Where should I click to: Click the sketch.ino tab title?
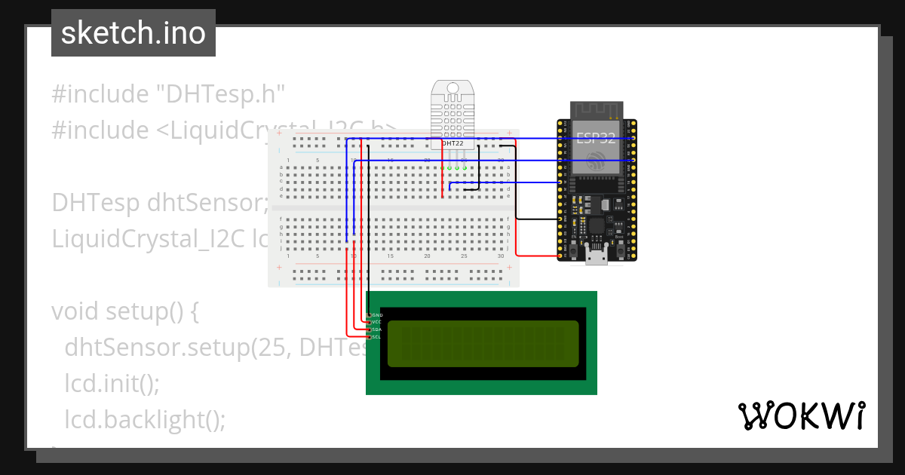coord(133,33)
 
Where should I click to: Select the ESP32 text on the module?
coord(596,138)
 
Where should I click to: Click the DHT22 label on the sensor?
coord(452,142)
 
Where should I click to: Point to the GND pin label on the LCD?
coord(378,314)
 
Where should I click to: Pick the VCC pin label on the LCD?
coord(377,322)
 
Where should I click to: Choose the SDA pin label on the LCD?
coord(377,329)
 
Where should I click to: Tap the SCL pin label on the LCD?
coord(377,337)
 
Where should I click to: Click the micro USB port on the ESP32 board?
coord(597,256)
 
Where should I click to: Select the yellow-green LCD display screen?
coord(483,344)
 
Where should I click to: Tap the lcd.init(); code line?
coord(112,383)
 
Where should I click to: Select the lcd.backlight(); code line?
coord(145,418)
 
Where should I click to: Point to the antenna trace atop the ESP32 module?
coord(596,110)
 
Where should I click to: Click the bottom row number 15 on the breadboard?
coord(390,256)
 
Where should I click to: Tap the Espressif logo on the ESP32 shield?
coord(596,161)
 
